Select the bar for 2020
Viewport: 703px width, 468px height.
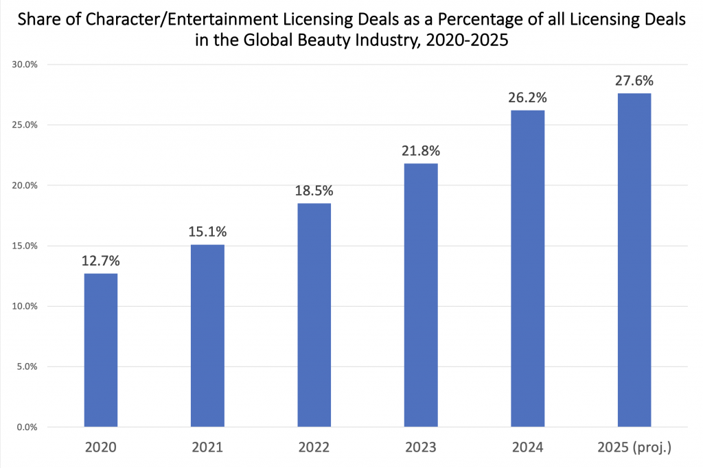click(x=101, y=350)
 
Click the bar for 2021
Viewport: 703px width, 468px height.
click(x=207, y=336)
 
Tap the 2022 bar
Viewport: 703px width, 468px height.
click(x=314, y=315)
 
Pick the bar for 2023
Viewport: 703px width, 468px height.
click(x=421, y=295)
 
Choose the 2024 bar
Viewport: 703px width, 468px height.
click(x=527, y=268)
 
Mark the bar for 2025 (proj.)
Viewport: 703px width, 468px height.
click(x=634, y=260)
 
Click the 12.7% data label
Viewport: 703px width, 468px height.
click(x=101, y=262)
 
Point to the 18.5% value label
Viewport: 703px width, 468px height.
click(x=314, y=191)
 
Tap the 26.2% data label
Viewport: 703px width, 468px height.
click(x=527, y=98)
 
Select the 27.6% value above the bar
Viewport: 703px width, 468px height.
click(x=634, y=81)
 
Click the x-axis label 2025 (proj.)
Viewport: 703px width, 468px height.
click(x=634, y=448)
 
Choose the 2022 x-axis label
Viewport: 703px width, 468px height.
click(x=314, y=448)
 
